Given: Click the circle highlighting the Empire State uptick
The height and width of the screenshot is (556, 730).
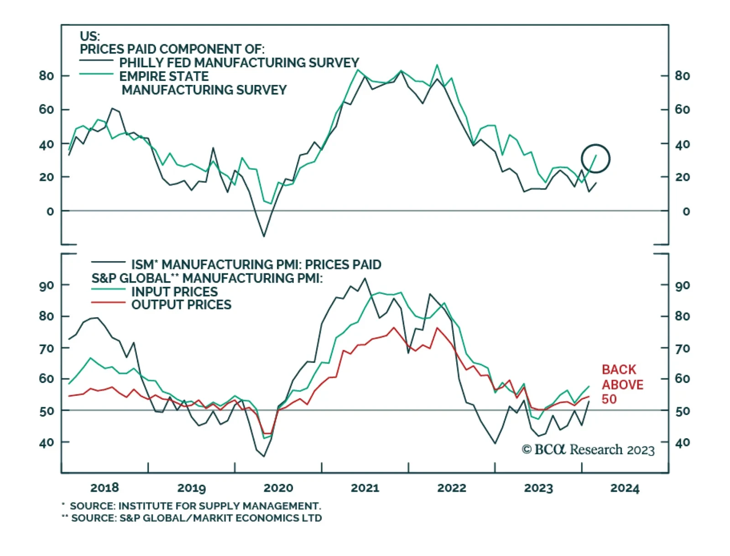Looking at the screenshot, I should (595, 159).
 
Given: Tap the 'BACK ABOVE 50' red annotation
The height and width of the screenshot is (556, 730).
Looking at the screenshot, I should (622, 384).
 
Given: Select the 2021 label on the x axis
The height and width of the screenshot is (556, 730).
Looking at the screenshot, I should (365, 488).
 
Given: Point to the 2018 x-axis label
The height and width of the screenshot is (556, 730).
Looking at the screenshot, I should (104, 488).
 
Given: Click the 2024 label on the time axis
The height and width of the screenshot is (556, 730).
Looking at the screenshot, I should (625, 488).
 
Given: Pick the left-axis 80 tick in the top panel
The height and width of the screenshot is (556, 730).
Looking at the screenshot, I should (47, 76).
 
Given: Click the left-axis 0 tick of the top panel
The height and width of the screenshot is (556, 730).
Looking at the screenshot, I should (50, 211).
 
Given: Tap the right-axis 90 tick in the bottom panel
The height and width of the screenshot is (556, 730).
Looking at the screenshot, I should (682, 286).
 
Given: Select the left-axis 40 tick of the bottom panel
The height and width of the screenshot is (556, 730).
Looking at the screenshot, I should (47, 442).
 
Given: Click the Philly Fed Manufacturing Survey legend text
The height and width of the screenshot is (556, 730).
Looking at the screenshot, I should (239, 63).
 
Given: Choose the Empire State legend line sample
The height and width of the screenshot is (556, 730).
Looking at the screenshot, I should (96, 74).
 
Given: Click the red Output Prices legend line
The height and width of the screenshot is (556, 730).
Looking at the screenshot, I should (108, 303).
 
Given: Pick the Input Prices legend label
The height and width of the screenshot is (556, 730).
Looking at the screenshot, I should (174, 292).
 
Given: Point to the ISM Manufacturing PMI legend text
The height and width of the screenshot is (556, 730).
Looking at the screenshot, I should (256, 265).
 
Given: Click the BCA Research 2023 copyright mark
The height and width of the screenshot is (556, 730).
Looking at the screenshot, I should (588, 450).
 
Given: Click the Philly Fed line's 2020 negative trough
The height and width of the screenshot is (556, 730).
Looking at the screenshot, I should (264, 236).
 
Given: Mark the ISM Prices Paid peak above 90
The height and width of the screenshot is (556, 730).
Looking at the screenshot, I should (365, 278).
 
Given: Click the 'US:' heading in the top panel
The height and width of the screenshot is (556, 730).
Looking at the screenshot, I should (89, 36).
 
